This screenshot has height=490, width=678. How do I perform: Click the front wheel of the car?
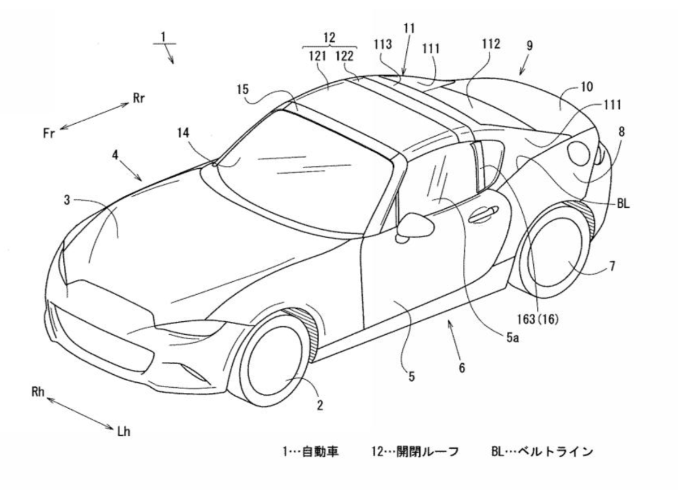point(274,360)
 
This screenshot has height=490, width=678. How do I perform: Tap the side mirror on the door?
point(415,228)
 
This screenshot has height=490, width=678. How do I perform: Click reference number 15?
point(243,90)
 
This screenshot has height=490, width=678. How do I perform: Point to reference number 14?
point(183,133)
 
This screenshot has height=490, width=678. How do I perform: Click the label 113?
point(383,45)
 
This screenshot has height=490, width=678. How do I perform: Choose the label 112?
point(491,45)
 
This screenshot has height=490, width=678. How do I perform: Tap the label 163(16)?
point(538,320)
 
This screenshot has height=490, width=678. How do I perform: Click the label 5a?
point(513,338)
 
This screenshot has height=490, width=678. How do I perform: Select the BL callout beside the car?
point(623,204)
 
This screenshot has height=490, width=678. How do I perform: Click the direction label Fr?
point(49,133)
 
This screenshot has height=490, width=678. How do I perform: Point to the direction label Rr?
point(138,98)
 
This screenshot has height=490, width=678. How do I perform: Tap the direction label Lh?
point(124,432)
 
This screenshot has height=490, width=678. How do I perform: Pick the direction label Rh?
point(38,392)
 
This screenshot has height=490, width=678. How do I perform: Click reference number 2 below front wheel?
point(320,405)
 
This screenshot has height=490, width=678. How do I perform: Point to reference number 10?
point(587,87)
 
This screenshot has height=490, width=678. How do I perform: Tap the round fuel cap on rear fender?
point(579,154)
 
